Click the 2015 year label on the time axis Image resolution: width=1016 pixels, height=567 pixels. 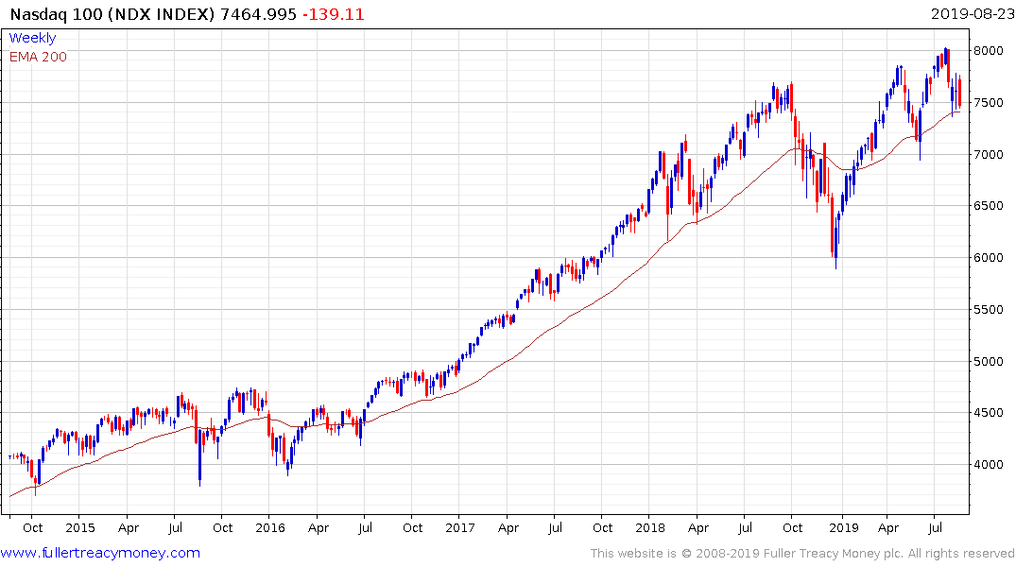tap(80, 528)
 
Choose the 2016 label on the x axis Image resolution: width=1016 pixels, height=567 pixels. tap(270, 528)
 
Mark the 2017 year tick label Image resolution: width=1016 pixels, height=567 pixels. tap(460, 528)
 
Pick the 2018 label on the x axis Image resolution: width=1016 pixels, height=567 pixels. tap(650, 528)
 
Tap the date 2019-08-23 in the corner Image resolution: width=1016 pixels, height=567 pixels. tap(971, 14)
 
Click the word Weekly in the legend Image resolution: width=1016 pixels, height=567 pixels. tap(32, 39)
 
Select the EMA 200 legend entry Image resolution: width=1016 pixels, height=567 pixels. tap(38, 57)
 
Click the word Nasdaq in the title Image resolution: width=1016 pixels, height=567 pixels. tap(36, 14)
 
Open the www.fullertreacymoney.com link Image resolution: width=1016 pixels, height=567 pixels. tap(101, 553)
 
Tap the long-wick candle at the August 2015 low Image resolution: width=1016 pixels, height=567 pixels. tap(200, 463)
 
